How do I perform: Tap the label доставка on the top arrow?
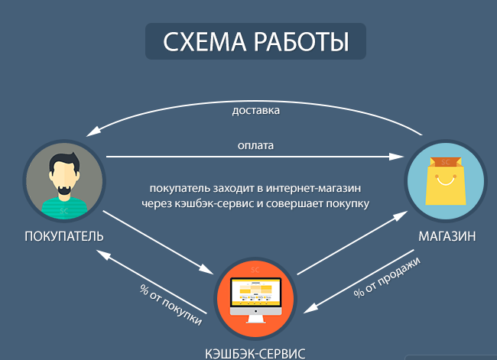(256, 110)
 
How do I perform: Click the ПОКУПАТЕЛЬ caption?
(63, 237)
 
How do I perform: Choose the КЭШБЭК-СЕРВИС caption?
(255, 353)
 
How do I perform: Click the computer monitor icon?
(256, 295)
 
